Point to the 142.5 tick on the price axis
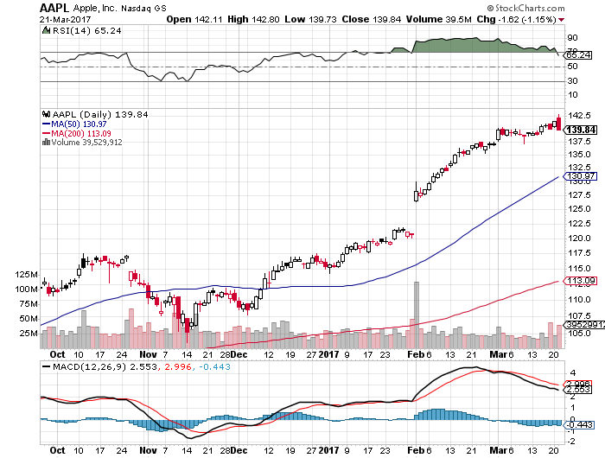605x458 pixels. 578,116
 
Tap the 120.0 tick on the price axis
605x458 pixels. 578,239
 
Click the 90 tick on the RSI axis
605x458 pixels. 572,38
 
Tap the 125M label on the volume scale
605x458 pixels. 27,274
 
